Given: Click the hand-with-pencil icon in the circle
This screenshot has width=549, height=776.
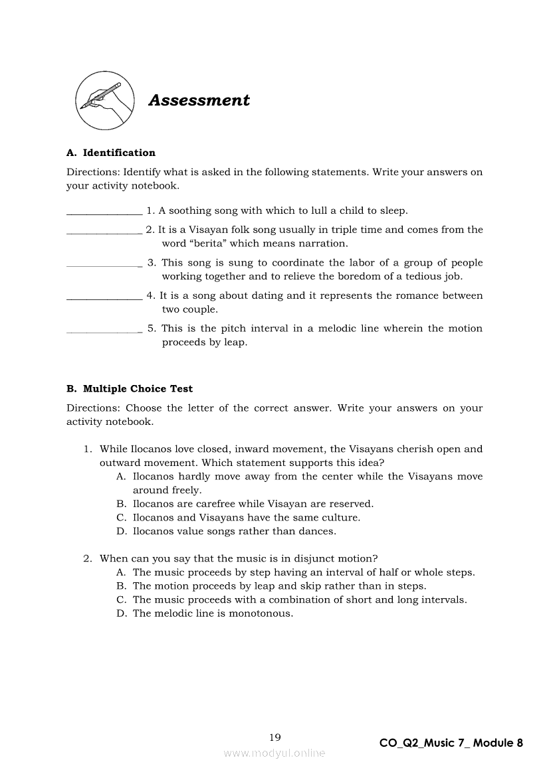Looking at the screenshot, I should pyautogui.click(x=103, y=100).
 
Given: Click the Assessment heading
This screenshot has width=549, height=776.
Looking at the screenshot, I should pyautogui.click(x=199, y=100).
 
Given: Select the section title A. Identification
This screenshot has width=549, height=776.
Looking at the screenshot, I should pyautogui.click(x=110, y=153).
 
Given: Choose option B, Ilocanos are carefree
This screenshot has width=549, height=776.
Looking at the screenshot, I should pyautogui.click(x=253, y=504).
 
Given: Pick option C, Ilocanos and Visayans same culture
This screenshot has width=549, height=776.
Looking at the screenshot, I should pyautogui.click(x=246, y=518).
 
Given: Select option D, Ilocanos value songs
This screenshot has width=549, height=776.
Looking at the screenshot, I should pyautogui.click(x=234, y=531).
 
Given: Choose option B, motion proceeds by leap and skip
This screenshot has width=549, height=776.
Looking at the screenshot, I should pyautogui.click(x=279, y=586).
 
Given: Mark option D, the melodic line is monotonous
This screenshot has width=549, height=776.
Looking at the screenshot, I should pyautogui.click(x=213, y=613).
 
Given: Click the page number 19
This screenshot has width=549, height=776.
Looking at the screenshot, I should pyautogui.click(x=275, y=737).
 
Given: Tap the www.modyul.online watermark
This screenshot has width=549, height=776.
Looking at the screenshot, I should pyautogui.click(x=274, y=753).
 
